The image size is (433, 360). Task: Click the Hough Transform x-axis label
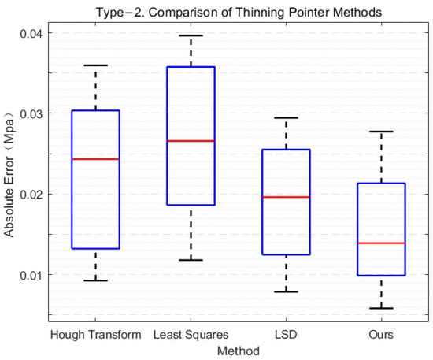pyautogui.click(x=95, y=335)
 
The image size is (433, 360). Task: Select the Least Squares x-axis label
pyautogui.click(x=191, y=335)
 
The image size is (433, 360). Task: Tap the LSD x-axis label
pyautogui.click(x=286, y=335)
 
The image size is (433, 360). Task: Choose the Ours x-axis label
pyautogui.click(x=381, y=335)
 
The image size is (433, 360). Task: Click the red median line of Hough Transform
pyautogui.click(x=95, y=159)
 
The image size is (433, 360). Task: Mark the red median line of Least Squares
pyautogui.click(x=191, y=140)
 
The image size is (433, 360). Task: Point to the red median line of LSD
pyautogui.click(x=286, y=196)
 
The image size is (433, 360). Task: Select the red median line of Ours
pyautogui.click(x=381, y=243)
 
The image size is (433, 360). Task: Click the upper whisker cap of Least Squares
pyautogui.click(x=191, y=35)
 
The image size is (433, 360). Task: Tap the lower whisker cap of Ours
pyautogui.click(x=381, y=308)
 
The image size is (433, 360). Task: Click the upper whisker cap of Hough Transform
pyautogui.click(x=95, y=65)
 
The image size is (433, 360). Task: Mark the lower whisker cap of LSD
pyautogui.click(x=286, y=291)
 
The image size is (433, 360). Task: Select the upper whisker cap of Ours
pyautogui.click(x=381, y=132)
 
